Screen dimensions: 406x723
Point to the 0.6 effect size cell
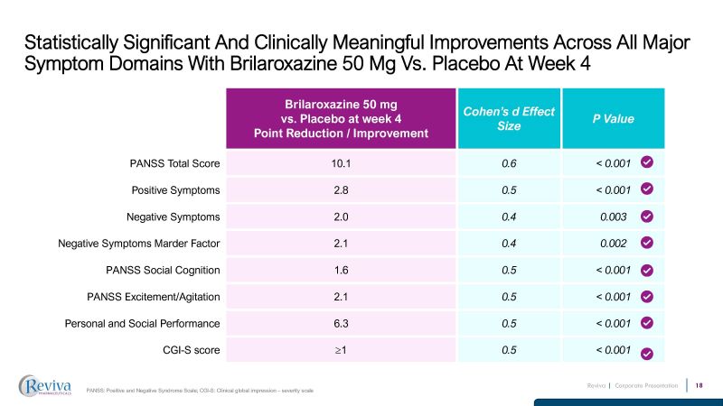[x=508, y=163]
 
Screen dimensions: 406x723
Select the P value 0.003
[x=613, y=217]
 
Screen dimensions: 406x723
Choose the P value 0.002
[x=613, y=243]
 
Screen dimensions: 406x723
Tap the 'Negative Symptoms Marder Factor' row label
[x=140, y=243]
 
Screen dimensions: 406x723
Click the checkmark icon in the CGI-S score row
[x=647, y=352]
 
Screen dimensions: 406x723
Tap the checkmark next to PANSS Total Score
[x=647, y=162]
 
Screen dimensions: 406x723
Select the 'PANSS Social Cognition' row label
[x=163, y=270]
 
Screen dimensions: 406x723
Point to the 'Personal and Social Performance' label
[x=144, y=323]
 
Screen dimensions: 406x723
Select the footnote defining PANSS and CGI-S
[x=200, y=389]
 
